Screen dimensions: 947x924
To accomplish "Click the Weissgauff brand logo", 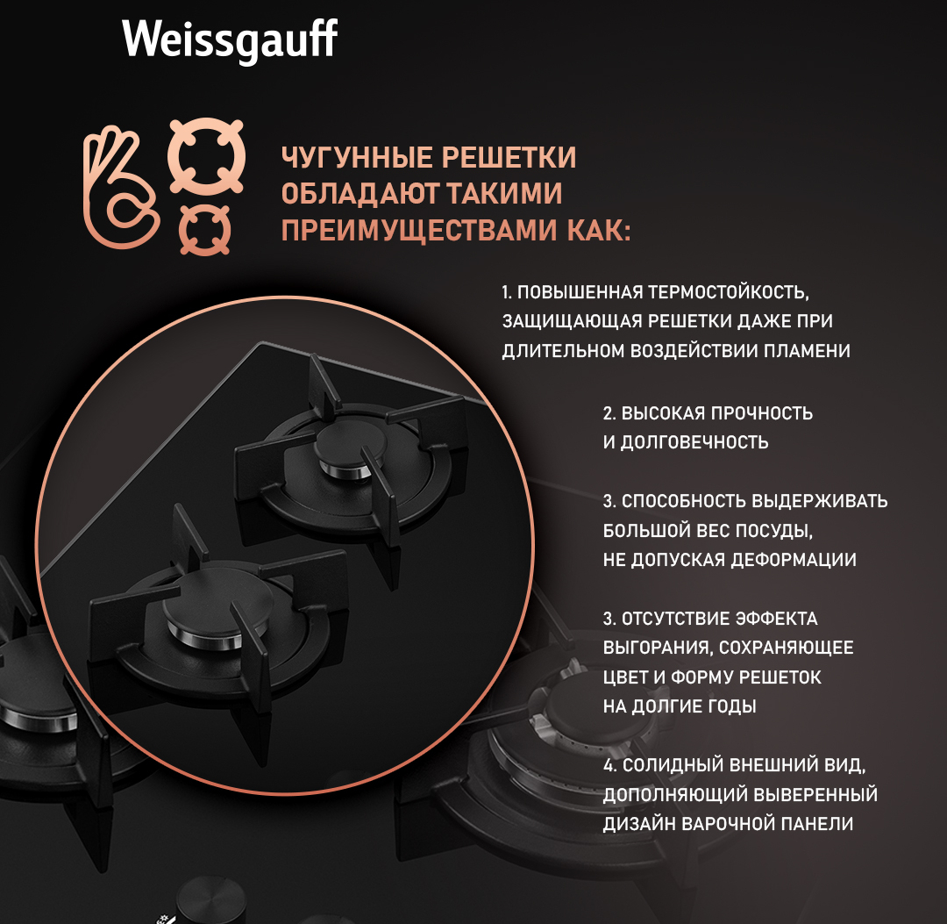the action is pyautogui.click(x=230, y=40).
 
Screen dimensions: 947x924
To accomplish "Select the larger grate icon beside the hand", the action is pyautogui.click(x=207, y=156).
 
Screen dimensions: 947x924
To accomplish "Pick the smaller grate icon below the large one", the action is pyautogui.click(x=204, y=230).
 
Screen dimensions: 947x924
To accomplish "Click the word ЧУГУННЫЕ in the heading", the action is pyautogui.click(x=357, y=158).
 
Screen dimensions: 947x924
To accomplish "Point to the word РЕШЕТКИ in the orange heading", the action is pyautogui.click(x=509, y=158).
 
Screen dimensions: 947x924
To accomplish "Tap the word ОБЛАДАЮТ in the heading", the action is pyautogui.click(x=360, y=194).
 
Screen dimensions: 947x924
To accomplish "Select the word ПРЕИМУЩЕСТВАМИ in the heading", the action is pyautogui.click(x=419, y=231).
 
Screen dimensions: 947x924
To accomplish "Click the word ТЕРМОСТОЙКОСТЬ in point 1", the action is pyautogui.click(x=729, y=292).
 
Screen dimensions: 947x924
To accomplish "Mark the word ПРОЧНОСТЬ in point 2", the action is pyautogui.click(x=762, y=413).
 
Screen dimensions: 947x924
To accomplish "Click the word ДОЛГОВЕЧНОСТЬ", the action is pyautogui.click(x=694, y=442).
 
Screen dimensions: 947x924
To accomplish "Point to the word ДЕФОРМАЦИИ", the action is pyautogui.click(x=793, y=560).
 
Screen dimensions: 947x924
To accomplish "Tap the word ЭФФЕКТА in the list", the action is pyautogui.click(x=775, y=619).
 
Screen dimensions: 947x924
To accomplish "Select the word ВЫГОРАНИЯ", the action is pyautogui.click(x=656, y=648).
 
